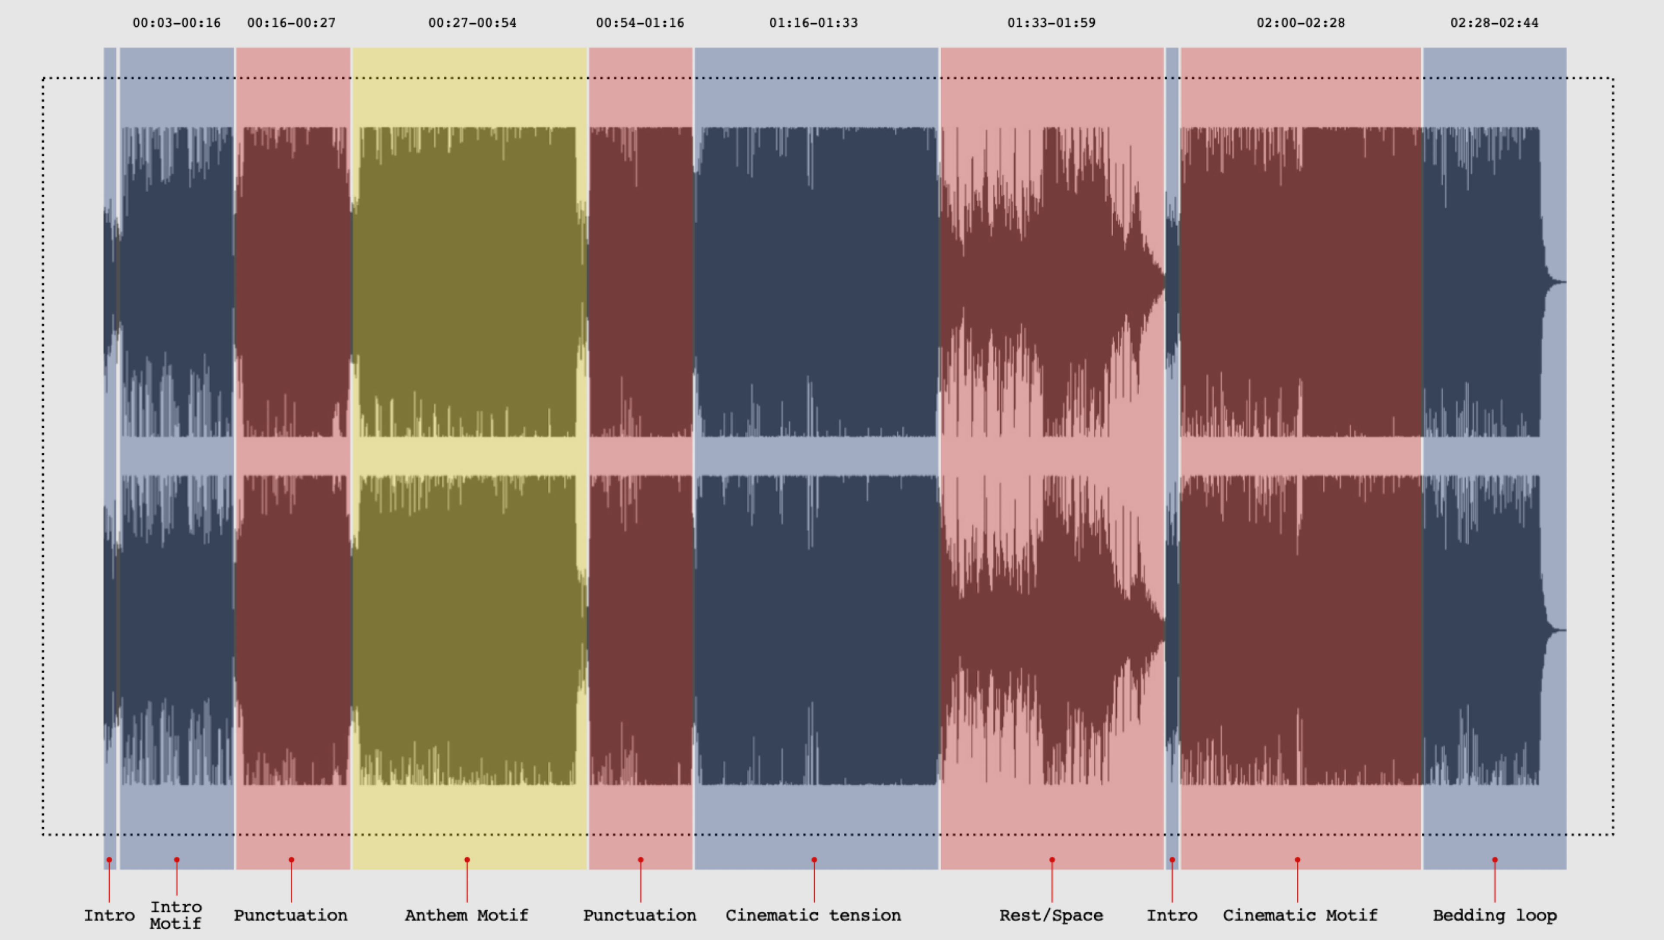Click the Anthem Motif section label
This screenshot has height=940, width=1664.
pos(467,915)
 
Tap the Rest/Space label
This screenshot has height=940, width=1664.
pos(1051,915)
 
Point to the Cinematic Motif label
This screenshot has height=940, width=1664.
pos(1300,915)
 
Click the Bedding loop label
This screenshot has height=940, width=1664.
pos(1494,915)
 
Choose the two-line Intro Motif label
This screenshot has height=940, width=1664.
pos(176,915)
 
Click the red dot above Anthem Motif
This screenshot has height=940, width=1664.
pos(467,860)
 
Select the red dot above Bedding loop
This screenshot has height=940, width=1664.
pos(1495,860)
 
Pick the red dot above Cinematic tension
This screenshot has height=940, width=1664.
pos(814,860)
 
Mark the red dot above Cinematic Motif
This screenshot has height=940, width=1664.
pos(1298,860)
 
